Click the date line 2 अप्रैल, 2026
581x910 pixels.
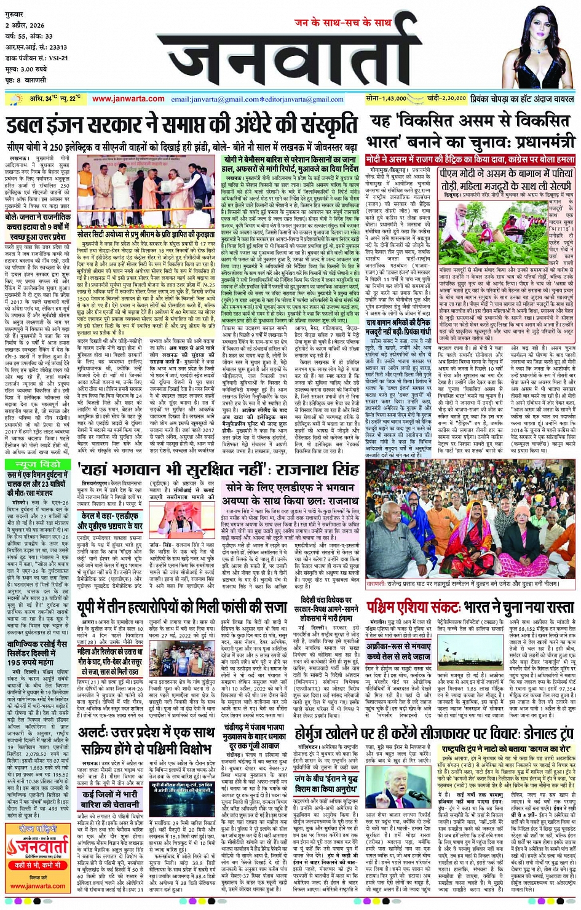click(x=25, y=25)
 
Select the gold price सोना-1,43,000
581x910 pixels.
click(x=385, y=98)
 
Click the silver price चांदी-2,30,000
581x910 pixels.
click(x=446, y=98)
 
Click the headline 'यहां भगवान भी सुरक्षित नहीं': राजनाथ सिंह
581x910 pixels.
click(x=219, y=469)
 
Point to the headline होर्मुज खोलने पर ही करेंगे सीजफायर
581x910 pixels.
click(x=433, y=733)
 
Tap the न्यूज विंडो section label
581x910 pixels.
click(x=39, y=464)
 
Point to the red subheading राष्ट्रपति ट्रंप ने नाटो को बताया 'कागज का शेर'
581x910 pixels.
click(x=507, y=750)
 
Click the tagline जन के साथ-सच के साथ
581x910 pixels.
click(x=342, y=23)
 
